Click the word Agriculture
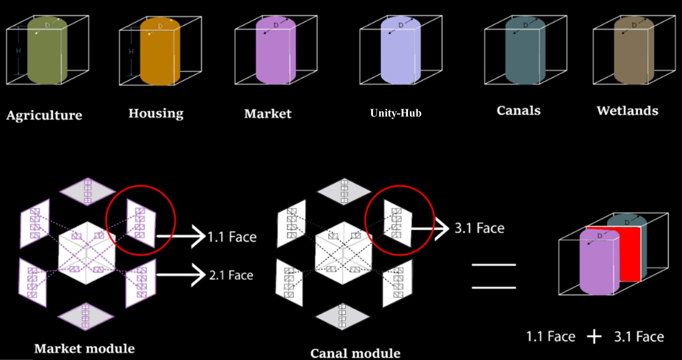click(44, 115)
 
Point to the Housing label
click(156, 113)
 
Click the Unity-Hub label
click(396, 113)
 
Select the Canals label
click(519, 111)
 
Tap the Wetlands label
click(627, 111)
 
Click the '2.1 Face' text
click(231, 275)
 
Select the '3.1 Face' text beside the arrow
click(479, 228)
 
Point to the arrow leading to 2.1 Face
click(181, 275)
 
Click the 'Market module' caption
click(84, 349)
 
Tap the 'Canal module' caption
click(355, 353)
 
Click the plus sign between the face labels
click(594, 336)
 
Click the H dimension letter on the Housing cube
click(131, 52)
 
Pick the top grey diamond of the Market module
click(87, 192)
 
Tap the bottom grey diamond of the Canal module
click(342, 316)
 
